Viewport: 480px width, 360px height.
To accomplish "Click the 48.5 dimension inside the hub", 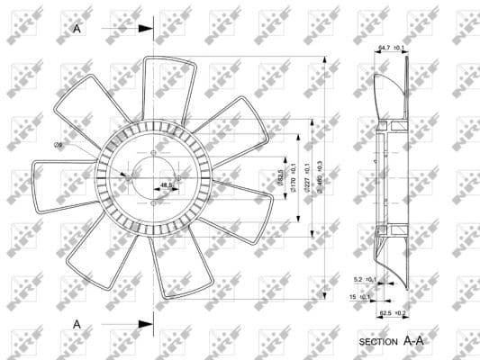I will [166, 186].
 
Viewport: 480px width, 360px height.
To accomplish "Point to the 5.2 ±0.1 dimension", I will [363, 280].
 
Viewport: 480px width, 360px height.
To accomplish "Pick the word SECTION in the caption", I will [378, 343].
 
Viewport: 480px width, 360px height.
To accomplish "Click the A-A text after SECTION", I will [415, 342].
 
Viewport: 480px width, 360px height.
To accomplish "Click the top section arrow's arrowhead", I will [148, 29].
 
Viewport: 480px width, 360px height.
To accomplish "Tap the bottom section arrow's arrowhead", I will [148, 322].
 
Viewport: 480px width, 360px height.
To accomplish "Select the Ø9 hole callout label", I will [58, 145].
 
